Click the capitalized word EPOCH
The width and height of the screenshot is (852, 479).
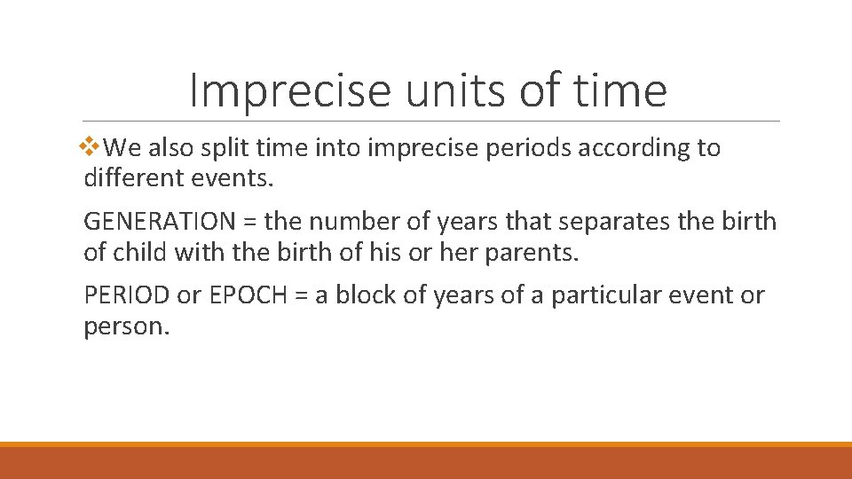248,295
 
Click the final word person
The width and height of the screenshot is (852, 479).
125,326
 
